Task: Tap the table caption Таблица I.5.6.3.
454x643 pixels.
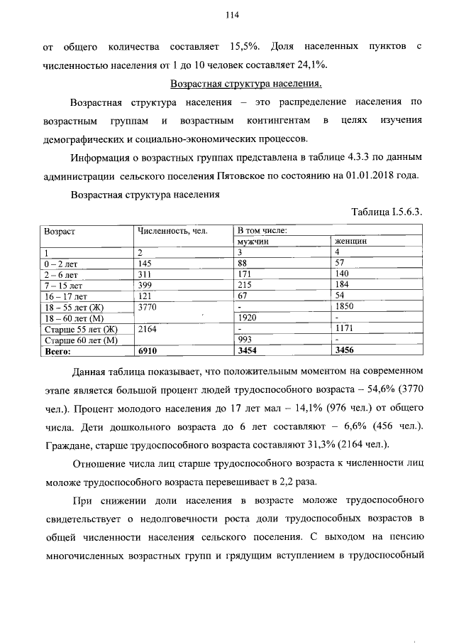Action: click(x=387, y=212)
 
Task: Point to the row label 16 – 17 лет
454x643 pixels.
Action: click(x=64, y=295)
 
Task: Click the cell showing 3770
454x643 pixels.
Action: click(x=150, y=306)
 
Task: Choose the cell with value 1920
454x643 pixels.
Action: click(x=248, y=317)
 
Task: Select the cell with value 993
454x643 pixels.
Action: click(x=245, y=340)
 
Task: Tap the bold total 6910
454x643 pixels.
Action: click(x=150, y=350)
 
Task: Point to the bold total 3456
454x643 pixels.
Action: click(x=345, y=350)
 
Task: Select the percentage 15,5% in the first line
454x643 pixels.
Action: click(x=244, y=47)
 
